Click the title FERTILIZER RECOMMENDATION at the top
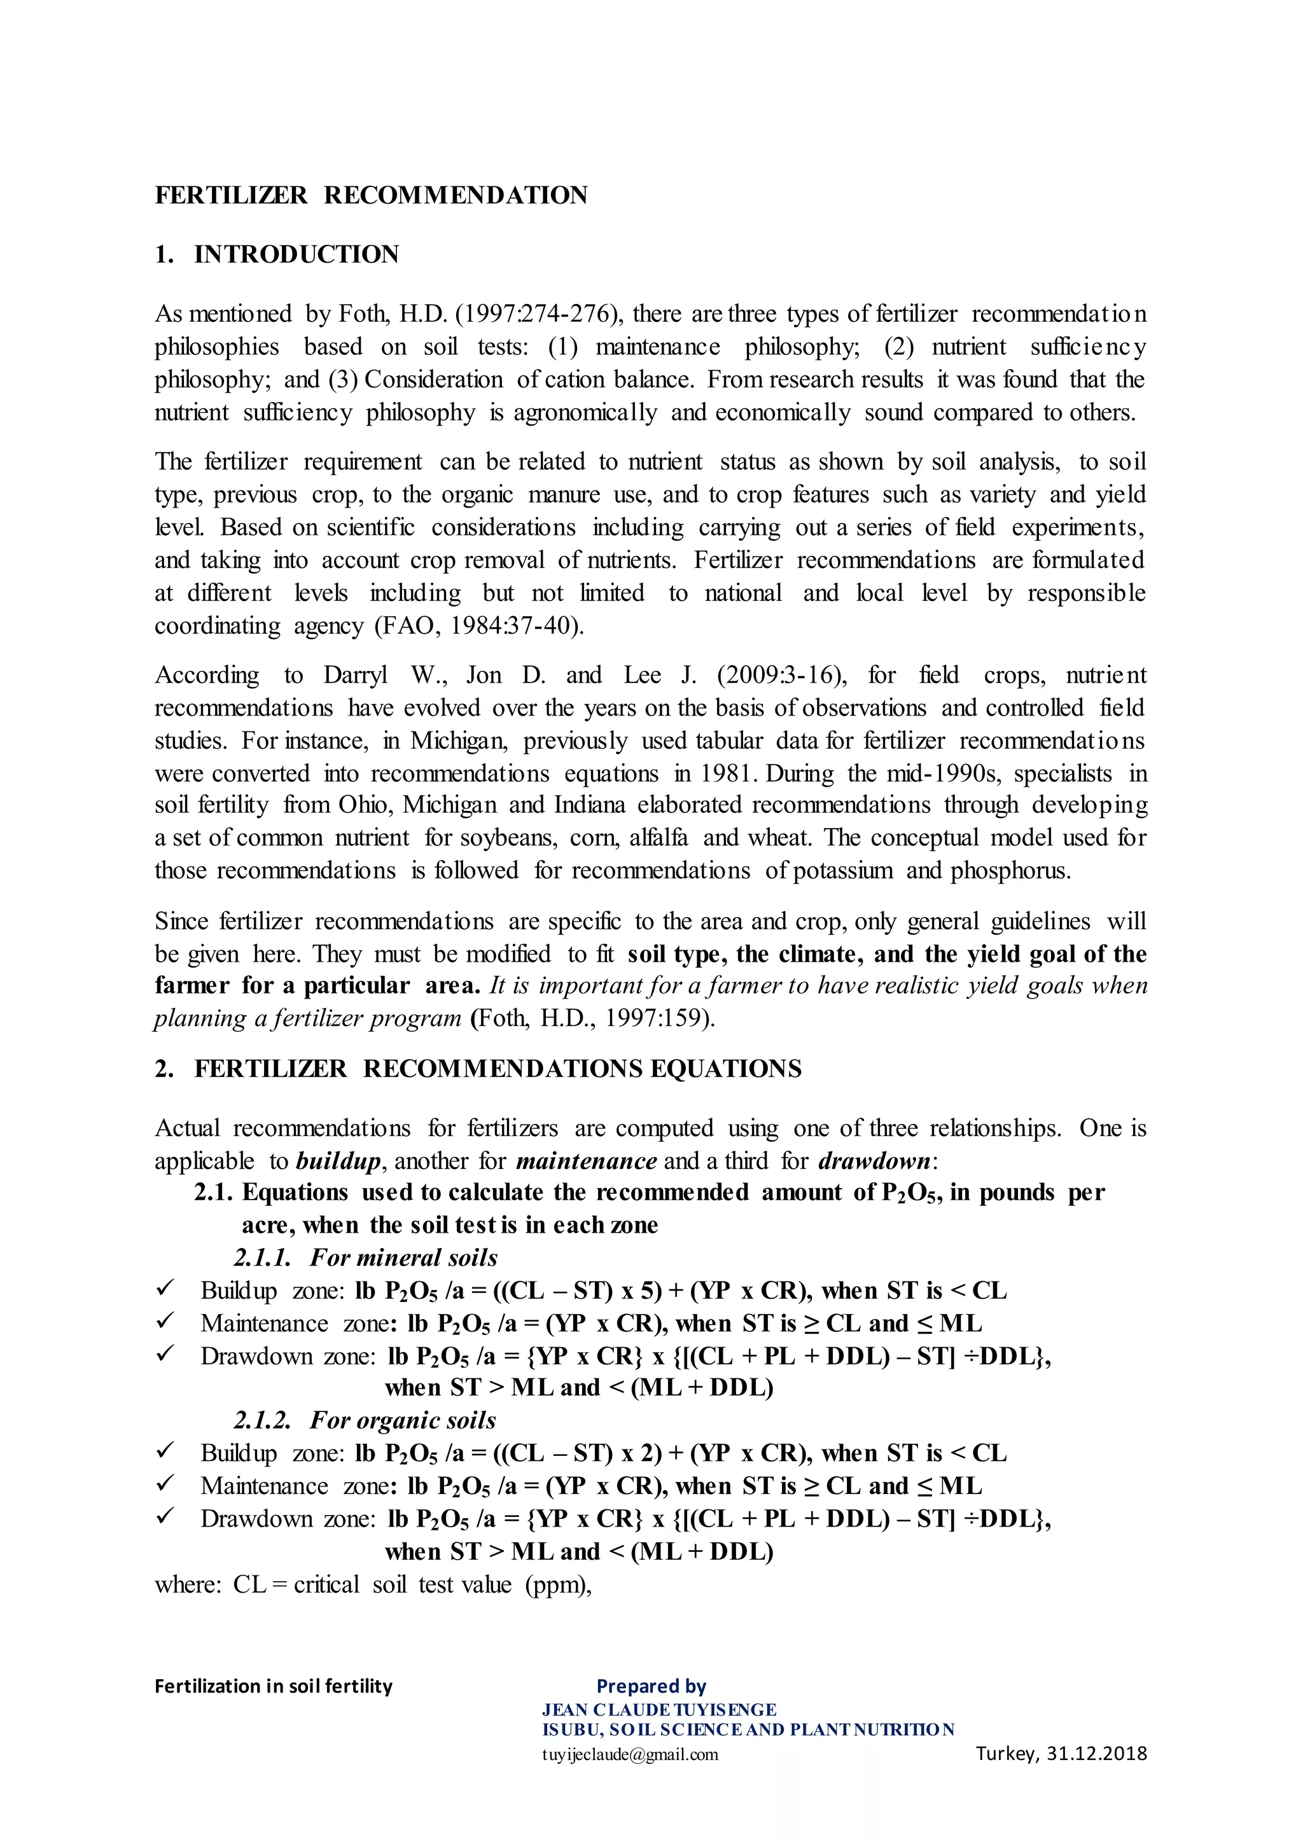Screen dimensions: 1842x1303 point(371,195)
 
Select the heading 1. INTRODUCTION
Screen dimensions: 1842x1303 point(277,254)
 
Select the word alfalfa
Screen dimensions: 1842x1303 point(658,838)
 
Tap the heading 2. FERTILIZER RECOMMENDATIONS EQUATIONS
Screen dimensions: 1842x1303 point(478,1069)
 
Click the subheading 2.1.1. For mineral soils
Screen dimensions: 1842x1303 point(366,1257)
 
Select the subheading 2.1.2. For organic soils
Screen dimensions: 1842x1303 point(365,1420)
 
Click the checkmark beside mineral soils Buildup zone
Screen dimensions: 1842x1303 point(165,1289)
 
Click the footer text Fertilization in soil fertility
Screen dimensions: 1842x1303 point(274,1686)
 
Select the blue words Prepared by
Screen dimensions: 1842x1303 point(651,1686)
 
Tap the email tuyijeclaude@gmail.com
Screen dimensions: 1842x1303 point(630,1755)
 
